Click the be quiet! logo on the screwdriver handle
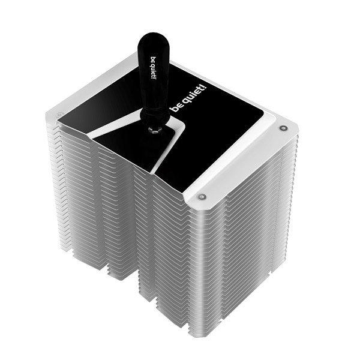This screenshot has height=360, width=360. click(154, 68)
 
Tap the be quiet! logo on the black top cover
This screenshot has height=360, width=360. click(189, 99)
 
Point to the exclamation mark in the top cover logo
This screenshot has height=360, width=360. click(205, 88)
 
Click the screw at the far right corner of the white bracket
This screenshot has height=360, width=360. click(283, 128)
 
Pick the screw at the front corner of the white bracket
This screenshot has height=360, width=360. click(202, 197)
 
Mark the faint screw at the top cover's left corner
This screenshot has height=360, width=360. click(60, 113)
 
